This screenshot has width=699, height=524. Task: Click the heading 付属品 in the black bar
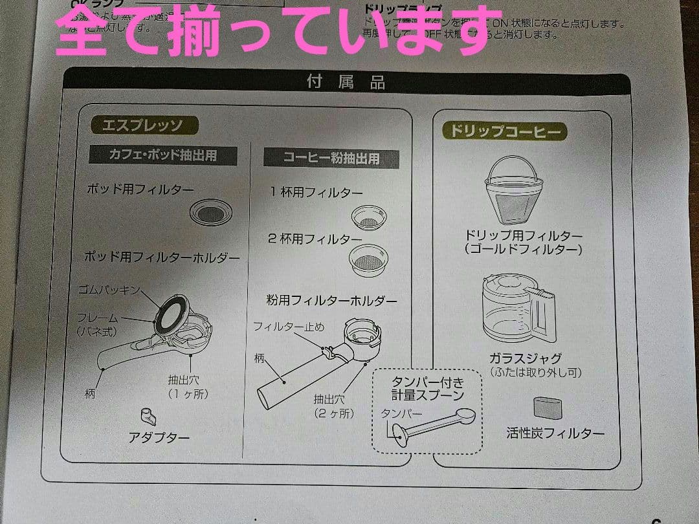pyautogui.click(x=346, y=83)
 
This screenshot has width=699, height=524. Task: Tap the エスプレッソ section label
pyautogui.click(x=141, y=125)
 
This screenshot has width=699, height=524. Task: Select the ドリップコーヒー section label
pyautogui.click(x=505, y=131)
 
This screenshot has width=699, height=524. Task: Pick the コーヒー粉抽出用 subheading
pyautogui.click(x=331, y=157)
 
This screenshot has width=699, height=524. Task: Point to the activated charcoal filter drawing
pyautogui.click(x=547, y=408)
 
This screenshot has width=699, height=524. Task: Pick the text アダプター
pyautogui.click(x=159, y=437)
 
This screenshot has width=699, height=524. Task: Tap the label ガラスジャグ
pyautogui.click(x=525, y=358)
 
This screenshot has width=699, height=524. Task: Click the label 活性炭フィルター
pyautogui.click(x=555, y=433)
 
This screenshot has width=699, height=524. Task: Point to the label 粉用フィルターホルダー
pyautogui.click(x=331, y=300)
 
